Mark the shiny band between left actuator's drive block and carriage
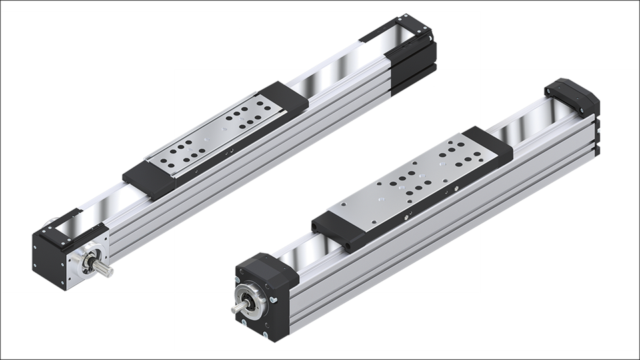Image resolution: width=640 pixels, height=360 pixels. pyautogui.click(x=100, y=203)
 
